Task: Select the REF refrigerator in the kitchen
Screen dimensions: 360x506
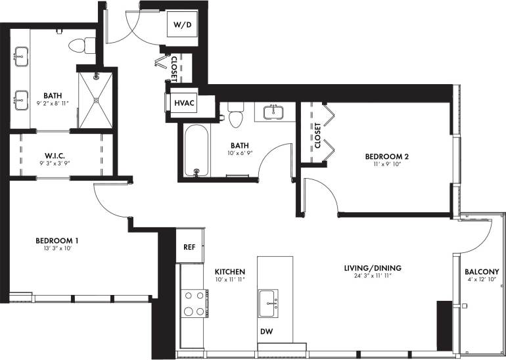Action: (189, 247)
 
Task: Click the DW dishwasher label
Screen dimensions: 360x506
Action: (265, 332)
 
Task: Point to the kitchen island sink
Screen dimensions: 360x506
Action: (269, 302)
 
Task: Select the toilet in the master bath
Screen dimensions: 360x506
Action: (80, 45)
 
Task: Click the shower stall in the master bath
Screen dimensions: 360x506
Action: (96, 100)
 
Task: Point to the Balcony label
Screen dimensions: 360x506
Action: (481, 271)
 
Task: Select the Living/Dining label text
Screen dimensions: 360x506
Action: (373, 268)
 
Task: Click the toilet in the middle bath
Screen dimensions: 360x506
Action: (235, 116)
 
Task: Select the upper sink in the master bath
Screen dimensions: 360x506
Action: (21, 55)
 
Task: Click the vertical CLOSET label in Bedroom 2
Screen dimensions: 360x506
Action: (317, 135)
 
